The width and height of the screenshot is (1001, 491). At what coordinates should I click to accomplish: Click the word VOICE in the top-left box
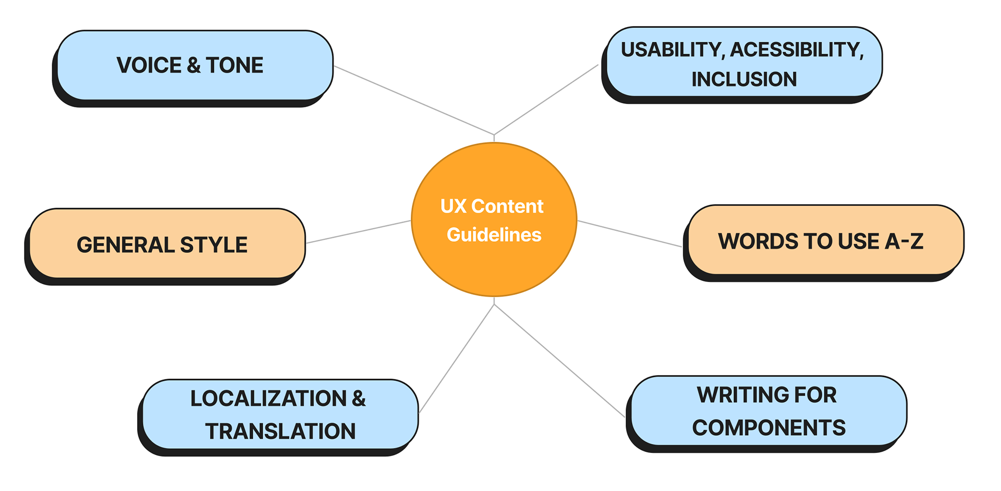(149, 66)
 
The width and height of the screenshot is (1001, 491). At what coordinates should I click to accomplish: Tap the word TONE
(235, 66)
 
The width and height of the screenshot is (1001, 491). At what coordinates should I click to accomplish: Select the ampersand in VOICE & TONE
(193, 66)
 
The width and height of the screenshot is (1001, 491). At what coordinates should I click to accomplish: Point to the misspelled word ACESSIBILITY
(797, 50)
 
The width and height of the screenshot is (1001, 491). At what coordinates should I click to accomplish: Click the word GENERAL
(125, 245)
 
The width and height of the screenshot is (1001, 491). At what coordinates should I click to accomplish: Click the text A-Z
(904, 241)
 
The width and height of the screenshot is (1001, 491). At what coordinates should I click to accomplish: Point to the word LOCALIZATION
(268, 399)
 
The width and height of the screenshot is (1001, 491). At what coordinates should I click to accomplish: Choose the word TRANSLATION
(280, 432)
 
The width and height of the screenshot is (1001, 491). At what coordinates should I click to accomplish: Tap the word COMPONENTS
(768, 428)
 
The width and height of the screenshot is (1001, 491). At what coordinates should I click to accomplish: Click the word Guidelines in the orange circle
(494, 235)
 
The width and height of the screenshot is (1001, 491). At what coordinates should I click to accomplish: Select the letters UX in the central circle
(453, 206)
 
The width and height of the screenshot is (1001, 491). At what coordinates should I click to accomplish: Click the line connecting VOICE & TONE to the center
(414, 100)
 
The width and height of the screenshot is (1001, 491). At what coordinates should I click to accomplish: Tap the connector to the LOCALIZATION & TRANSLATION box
(457, 359)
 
